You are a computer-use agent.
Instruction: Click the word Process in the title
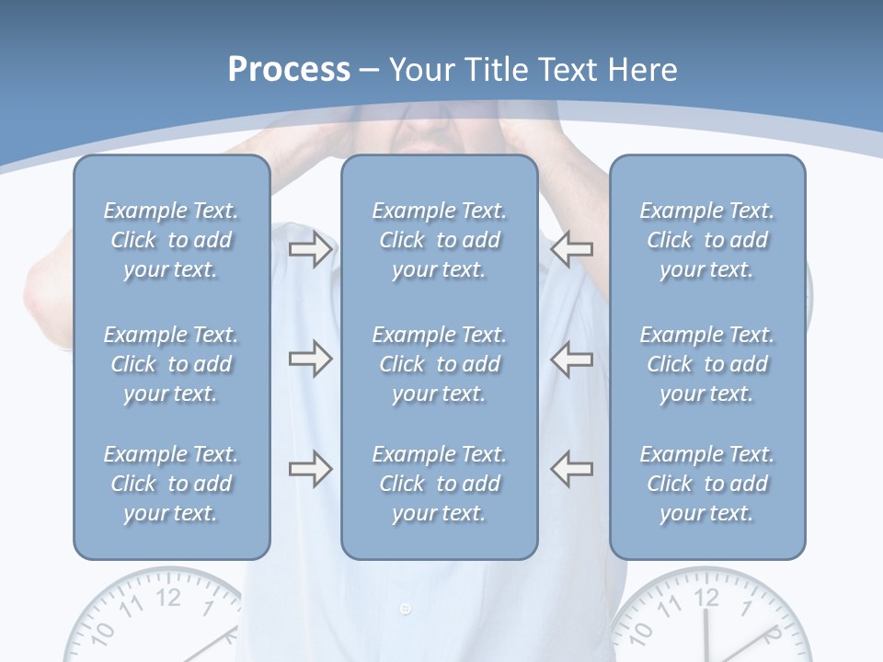[x=289, y=70]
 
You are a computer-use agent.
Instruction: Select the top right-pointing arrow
[x=310, y=249]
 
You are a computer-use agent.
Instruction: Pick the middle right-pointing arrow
[x=310, y=359]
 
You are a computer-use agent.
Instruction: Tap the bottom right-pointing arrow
[x=310, y=469]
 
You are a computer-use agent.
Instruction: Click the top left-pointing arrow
[x=572, y=249]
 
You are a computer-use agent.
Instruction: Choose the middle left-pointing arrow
[x=572, y=359]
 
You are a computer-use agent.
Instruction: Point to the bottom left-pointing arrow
[x=572, y=469]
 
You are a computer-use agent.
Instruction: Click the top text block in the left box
[x=171, y=240]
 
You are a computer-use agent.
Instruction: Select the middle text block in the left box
[x=171, y=364]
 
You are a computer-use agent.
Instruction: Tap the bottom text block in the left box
[x=171, y=484]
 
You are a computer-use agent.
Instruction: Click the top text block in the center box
[x=439, y=240]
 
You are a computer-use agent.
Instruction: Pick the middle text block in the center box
[x=439, y=364]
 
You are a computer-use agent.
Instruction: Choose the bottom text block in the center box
[x=439, y=484]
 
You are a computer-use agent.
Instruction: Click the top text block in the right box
[x=707, y=240]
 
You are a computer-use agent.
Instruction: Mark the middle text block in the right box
[x=707, y=364]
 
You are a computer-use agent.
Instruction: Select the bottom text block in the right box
[x=707, y=484]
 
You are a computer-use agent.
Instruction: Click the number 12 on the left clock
[x=168, y=598]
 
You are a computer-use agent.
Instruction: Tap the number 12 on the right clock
[x=706, y=598]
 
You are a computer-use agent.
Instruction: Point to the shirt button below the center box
[x=406, y=609]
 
